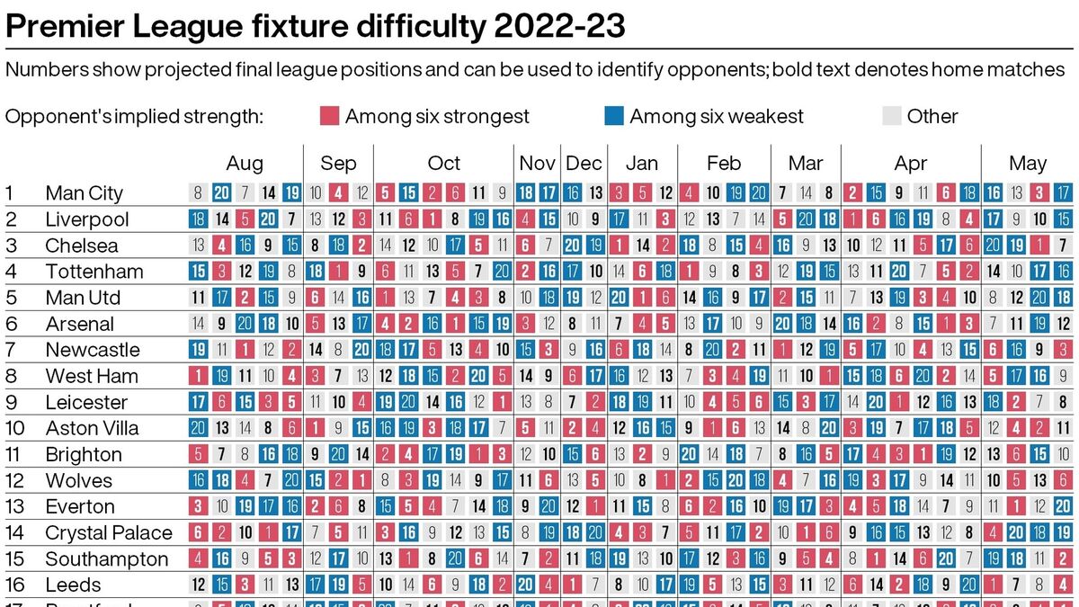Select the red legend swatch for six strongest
(330, 116)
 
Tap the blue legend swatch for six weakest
(614, 116)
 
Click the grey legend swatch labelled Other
(892, 116)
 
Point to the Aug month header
(245, 164)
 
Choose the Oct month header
(443, 164)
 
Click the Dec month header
(584, 164)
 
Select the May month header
(1028, 164)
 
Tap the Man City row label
(84, 193)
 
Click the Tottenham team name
(94, 272)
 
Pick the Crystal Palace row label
(107, 533)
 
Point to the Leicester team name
(86, 402)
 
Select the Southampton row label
(106, 559)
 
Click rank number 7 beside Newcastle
(10, 350)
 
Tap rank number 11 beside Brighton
(13, 454)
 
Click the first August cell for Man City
(199, 192)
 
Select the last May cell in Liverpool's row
(1064, 219)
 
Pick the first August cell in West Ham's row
(199, 376)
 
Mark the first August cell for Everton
(199, 506)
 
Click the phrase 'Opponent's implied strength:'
(134, 116)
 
